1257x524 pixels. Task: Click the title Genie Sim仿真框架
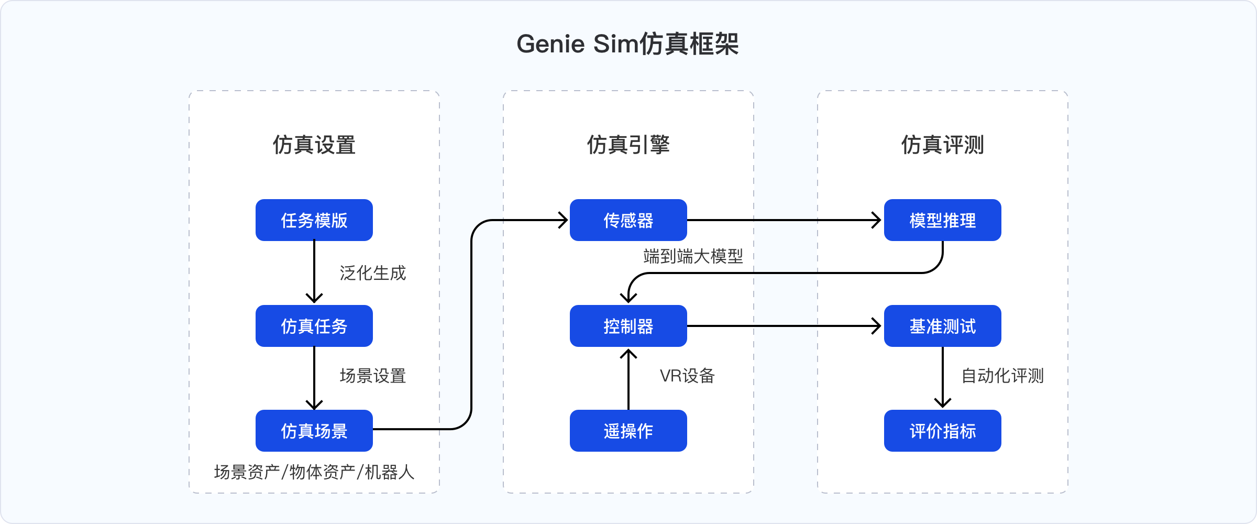pos(627,44)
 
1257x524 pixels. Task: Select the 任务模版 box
pos(314,220)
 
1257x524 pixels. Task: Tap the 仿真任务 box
pos(314,326)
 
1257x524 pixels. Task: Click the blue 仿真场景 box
pos(314,431)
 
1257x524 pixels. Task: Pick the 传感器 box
pos(628,220)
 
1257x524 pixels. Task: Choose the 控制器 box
pos(628,326)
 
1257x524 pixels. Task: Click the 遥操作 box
pos(628,431)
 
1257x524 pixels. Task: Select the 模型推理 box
pos(942,220)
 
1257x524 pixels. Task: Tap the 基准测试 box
pos(942,326)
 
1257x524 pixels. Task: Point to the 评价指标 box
pos(942,431)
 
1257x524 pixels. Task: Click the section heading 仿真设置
pos(314,145)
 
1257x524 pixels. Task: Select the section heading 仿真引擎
pos(628,145)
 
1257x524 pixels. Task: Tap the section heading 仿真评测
pos(942,145)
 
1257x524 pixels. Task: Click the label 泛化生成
pos(372,273)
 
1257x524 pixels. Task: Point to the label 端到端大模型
pos(693,256)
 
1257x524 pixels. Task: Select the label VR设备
pos(687,376)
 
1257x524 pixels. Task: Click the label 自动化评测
pos(1002,376)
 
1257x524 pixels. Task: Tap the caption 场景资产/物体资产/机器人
pos(314,472)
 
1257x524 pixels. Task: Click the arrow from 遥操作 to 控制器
pos(628,380)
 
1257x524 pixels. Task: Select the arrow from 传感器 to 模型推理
pos(786,220)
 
